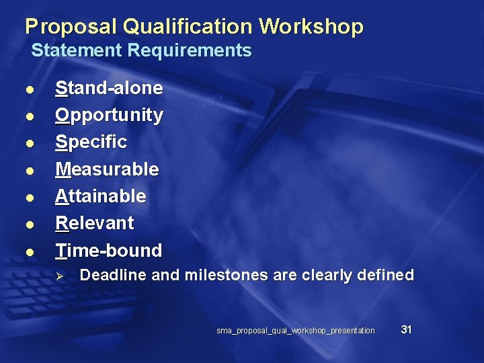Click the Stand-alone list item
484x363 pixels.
tap(109, 88)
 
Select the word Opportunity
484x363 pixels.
tap(109, 115)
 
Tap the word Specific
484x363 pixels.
tap(91, 142)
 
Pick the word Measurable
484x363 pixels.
tap(107, 169)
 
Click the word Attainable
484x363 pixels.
tap(100, 196)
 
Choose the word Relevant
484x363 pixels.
tap(95, 223)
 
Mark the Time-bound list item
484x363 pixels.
tap(109, 250)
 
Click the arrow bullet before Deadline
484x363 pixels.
tap(59, 276)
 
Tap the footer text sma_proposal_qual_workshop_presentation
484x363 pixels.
tap(296, 331)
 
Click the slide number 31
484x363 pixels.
tap(406, 329)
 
